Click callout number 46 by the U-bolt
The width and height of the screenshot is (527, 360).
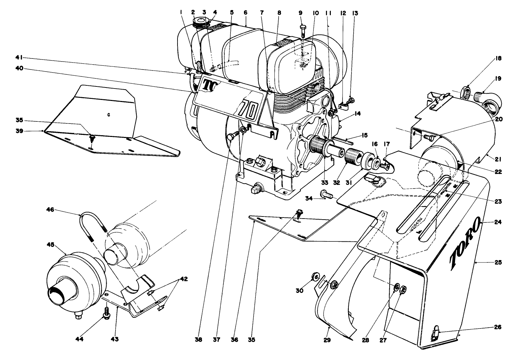[50, 210]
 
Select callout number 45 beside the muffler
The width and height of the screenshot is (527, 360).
[51, 244]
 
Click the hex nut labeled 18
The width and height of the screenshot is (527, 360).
[466, 92]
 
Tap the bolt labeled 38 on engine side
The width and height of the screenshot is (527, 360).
[231, 138]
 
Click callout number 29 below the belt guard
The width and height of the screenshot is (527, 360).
[327, 340]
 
